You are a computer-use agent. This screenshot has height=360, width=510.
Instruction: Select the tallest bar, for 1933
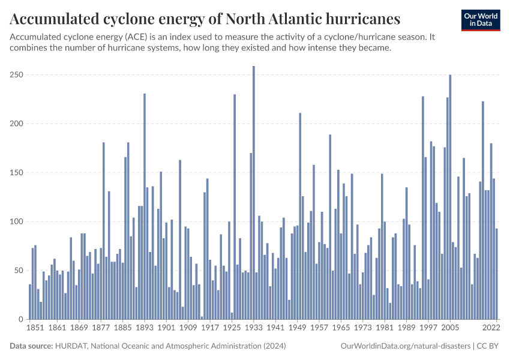[x=254, y=192]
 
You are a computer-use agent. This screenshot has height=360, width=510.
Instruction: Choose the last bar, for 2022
[x=496, y=274]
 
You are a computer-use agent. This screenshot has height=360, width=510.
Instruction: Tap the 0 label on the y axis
[x=20, y=319]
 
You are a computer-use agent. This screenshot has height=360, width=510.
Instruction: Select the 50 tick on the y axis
[x=18, y=271]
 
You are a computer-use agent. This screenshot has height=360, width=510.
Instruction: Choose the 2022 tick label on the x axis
[x=491, y=328]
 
